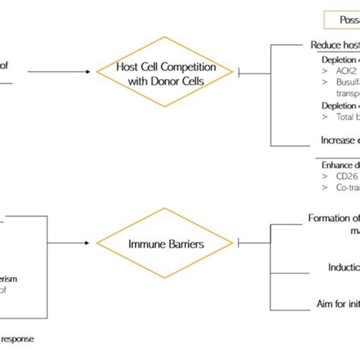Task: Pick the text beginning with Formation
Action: (333, 218)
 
